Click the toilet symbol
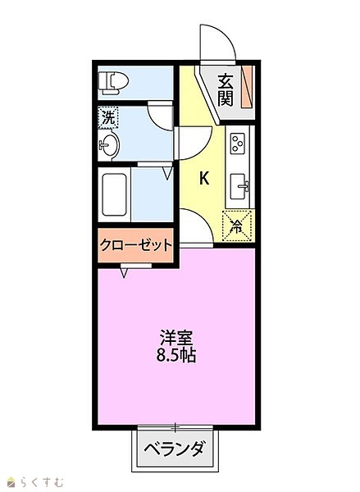(113, 83)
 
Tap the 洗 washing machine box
(108, 117)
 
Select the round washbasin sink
(108, 145)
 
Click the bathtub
(114, 194)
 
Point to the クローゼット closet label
(135, 244)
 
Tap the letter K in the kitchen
(204, 179)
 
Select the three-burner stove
(238, 143)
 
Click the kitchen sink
(239, 186)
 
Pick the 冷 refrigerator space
(237, 226)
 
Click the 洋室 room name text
(176, 338)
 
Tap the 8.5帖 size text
(176, 356)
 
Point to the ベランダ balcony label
(175, 449)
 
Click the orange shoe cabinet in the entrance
(247, 87)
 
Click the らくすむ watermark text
(43, 482)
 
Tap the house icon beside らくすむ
(12, 482)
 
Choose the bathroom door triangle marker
(169, 174)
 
